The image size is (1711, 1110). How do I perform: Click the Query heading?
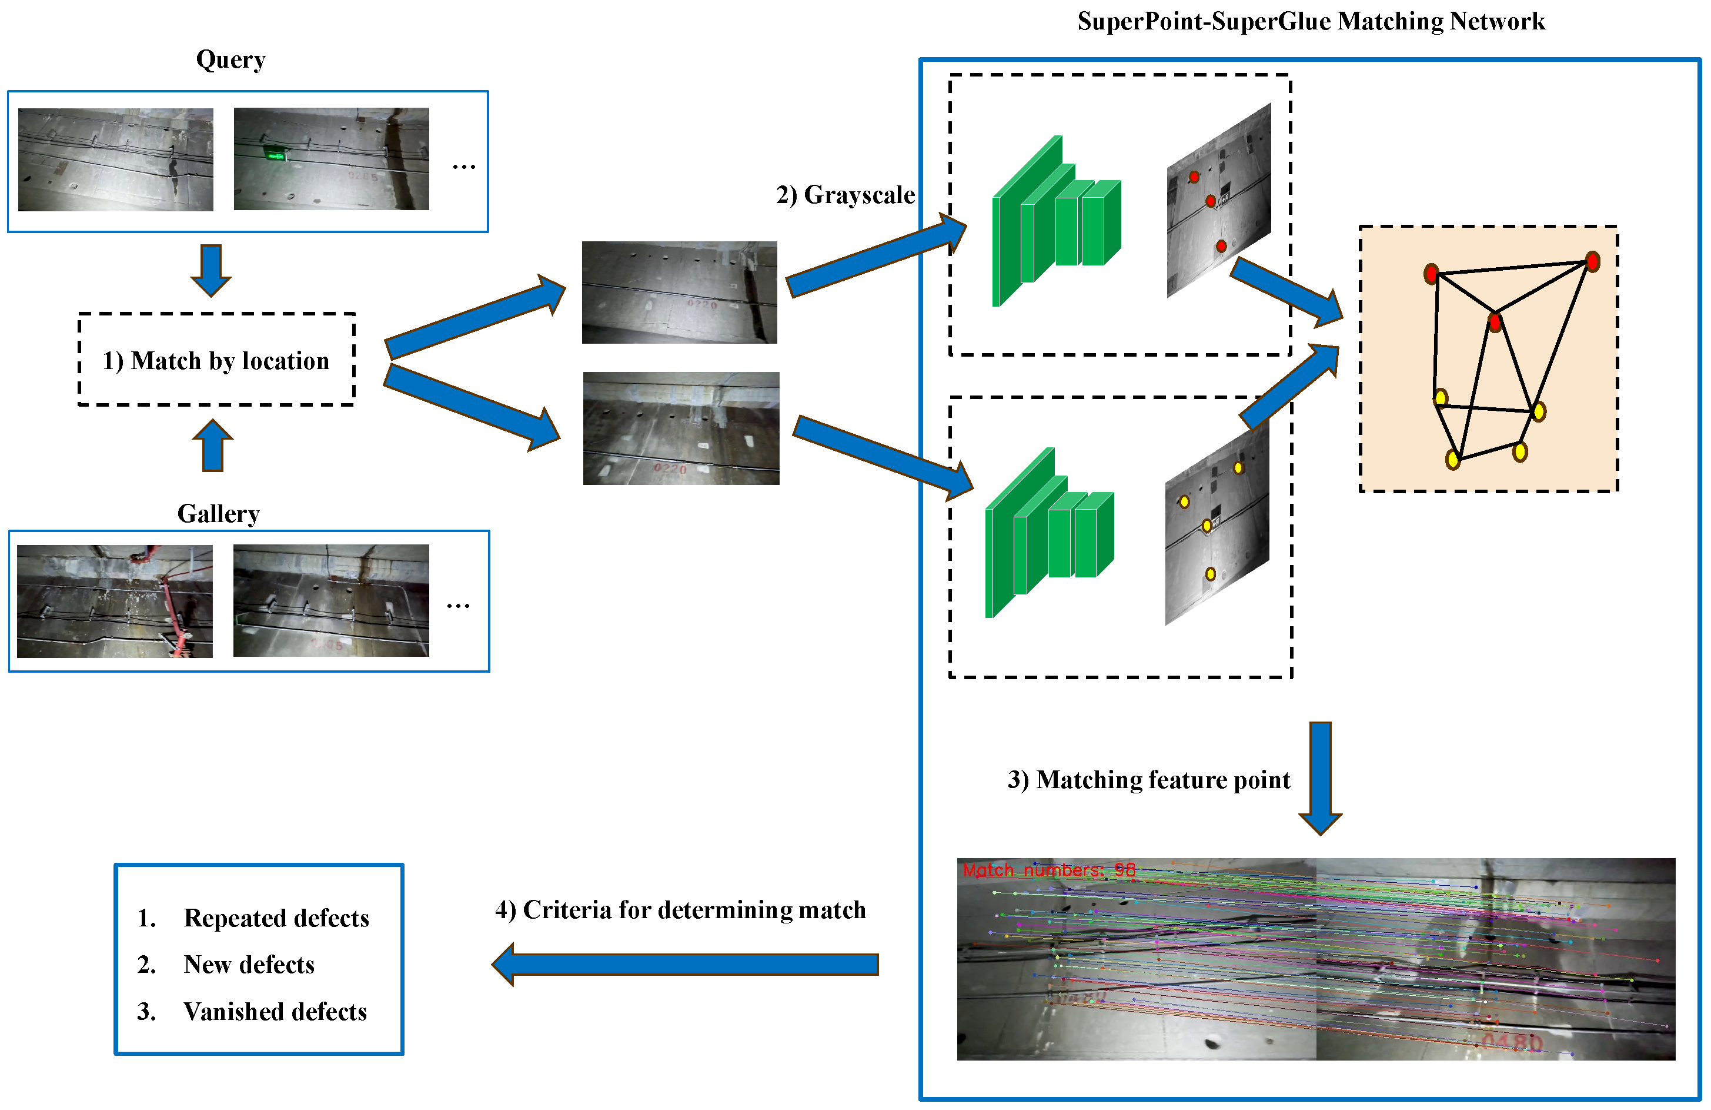[x=230, y=59]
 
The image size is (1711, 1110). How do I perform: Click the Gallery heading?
[x=219, y=514]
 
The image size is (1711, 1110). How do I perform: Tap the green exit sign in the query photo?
[x=274, y=153]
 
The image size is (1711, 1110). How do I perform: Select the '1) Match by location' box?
[x=216, y=360]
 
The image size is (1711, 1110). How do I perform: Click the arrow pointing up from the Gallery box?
[x=213, y=446]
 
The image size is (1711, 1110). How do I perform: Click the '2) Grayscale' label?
[x=845, y=195]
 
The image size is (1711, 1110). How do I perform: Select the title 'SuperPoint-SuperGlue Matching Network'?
[x=1311, y=22]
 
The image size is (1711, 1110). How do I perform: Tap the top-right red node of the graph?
[x=1592, y=261]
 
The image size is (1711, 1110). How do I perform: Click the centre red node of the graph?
[x=1495, y=321]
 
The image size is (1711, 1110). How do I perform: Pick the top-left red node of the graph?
[x=1431, y=273]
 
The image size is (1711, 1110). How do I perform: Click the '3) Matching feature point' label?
[x=1148, y=780]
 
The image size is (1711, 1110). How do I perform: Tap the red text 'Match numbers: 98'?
[x=1048, y=870]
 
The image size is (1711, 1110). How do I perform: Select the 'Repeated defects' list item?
[x=276, y=918]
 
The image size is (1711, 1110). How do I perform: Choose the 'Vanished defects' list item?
[x=275, y=1012]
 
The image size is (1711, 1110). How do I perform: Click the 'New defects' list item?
[x=249, y=965]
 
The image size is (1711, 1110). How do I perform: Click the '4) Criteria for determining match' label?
[x=680, y=910]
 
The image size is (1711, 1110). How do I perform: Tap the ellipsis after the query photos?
[x=464, y=167]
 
